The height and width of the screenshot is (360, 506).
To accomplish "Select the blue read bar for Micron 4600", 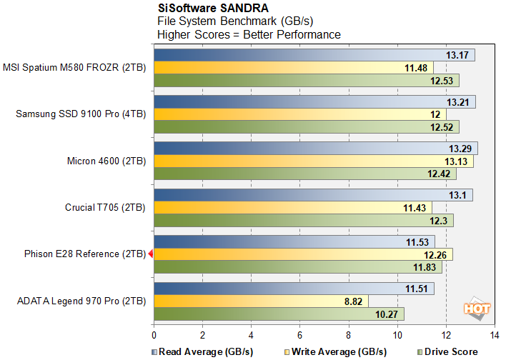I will [314, 149].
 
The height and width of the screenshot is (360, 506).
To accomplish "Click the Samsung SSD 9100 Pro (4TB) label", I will [81, 114].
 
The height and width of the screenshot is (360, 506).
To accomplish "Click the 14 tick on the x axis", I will [494, 334].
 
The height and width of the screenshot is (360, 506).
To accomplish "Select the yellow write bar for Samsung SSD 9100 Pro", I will [299, 114].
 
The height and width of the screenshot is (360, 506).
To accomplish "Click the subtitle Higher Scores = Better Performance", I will [249, 34].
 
